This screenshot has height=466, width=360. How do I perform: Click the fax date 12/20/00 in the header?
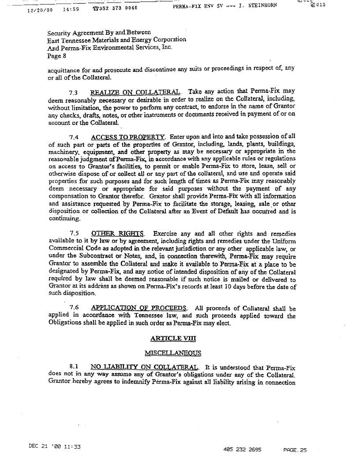[40, 8]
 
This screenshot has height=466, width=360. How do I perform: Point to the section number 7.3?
[74, 93]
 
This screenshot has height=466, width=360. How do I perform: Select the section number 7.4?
[74, 137]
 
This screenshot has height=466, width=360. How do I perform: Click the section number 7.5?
[74, 233]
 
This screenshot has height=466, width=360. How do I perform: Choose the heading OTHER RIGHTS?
[118, 233]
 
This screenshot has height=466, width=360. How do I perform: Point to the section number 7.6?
[74, 308]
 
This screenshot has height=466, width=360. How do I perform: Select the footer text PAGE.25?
[295, 450]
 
